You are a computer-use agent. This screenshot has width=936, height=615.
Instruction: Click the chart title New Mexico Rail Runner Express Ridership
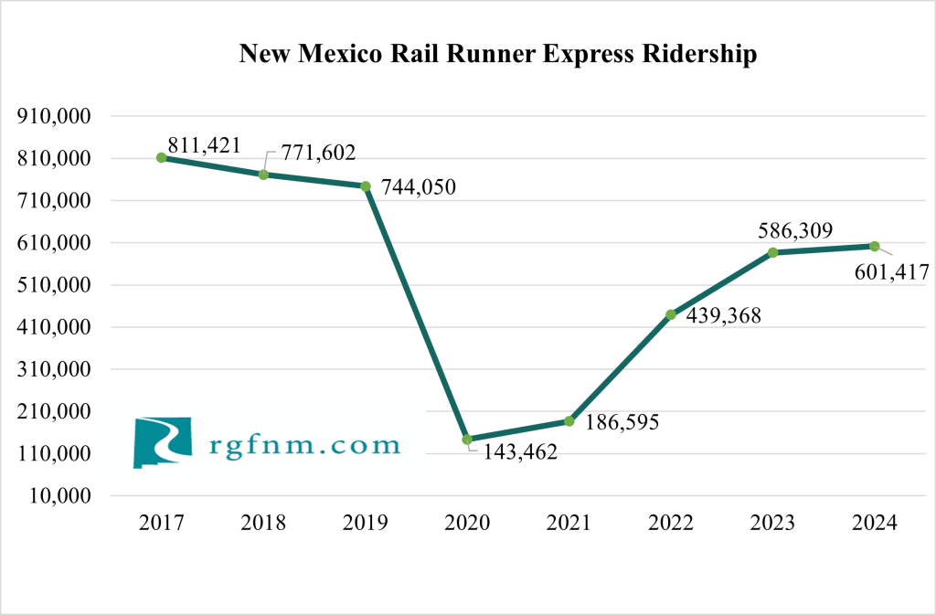click(497, 55)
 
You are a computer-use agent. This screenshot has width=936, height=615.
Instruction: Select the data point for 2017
click(162, 157)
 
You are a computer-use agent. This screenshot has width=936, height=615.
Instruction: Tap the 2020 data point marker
click(467, 440)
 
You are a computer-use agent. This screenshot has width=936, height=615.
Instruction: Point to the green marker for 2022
click(671, 314)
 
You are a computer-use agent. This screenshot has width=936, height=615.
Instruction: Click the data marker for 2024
click(875, 246)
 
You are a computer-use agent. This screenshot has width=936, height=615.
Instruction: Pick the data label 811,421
click(204, 144)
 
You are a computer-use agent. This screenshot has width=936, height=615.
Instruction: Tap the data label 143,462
click(514, 452)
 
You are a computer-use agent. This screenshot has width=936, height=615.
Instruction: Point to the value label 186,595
click(621, 422)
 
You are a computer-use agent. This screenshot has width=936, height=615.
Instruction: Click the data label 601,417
click(891, 271)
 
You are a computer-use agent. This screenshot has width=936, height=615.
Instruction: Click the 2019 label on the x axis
click(365, 524)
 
